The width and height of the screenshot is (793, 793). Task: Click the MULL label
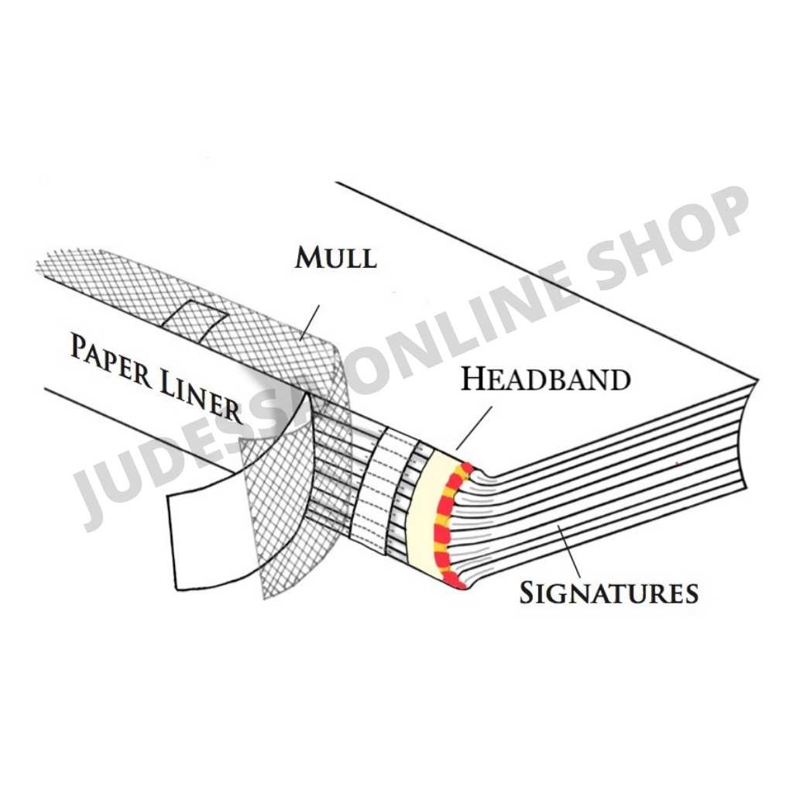335,257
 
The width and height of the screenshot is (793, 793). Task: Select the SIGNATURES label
609,593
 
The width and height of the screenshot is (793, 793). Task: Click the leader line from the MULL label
310,321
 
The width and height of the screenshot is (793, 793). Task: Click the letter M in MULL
308,257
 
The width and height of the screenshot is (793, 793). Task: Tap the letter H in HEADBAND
474,379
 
